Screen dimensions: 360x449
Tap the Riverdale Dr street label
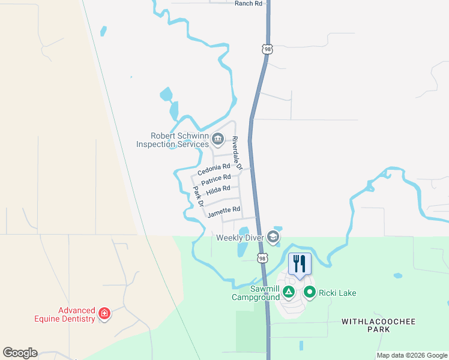[x=236, y=154]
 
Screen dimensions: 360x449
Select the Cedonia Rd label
[x=214, y=170]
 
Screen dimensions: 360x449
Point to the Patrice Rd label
[x=216, y=180]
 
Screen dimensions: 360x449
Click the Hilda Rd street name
[x=218, y=191]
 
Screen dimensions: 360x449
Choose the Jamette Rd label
[x=223, y=212]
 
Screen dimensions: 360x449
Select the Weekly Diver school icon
[x=274, y=238]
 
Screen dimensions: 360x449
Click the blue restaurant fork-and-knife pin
[x=300, y=264]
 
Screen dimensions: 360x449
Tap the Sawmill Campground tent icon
[x=289, y=293]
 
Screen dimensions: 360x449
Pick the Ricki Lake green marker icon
[x=310, y=293]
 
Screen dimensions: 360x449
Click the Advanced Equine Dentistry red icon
[x=104, y=314]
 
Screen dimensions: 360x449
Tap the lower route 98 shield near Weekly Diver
[x=262, y=258]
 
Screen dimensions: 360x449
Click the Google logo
[x=20, y=353]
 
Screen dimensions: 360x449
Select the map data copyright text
[x=411, y=355]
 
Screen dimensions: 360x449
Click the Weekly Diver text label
[x=240, y=238]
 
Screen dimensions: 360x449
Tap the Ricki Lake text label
[x=337, y=293]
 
